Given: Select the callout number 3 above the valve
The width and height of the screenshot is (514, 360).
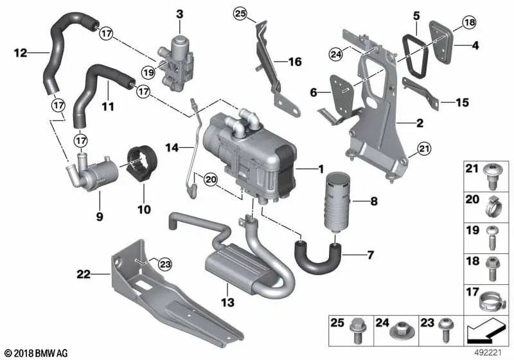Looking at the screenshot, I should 179,14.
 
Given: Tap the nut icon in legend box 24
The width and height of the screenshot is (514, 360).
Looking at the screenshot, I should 402,332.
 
